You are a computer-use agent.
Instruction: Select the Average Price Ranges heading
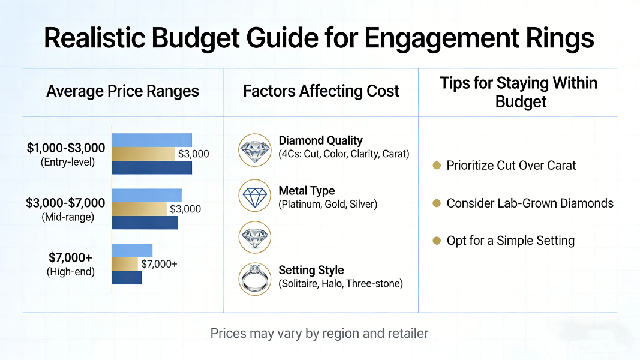(122, 91)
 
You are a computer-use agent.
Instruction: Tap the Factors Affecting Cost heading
(321, 91)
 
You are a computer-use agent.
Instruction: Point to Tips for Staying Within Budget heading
(518, 92)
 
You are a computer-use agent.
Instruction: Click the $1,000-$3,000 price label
(66, 148)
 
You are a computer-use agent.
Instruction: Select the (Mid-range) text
(68, 217)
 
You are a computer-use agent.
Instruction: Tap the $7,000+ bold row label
(70, 258)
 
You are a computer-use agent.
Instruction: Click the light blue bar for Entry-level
(152, 140)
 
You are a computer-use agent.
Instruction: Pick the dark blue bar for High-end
(127, 278)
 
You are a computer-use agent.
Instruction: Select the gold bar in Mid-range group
(139, 209)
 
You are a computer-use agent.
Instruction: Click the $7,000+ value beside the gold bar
(159, 264)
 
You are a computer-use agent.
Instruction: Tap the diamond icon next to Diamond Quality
(255, 149)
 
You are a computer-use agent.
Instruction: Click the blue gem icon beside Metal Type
(255, 196)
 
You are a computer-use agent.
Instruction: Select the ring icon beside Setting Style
(255, 278)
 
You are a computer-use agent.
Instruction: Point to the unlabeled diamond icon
(255, 237)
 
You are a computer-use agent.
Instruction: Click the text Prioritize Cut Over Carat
(511, 166)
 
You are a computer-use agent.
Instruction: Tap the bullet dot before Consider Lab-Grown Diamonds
(437, 203)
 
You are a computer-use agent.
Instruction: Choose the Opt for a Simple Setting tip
(510, 241)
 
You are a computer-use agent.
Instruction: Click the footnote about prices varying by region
(319, 333)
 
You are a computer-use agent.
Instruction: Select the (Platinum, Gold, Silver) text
(327, 205)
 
